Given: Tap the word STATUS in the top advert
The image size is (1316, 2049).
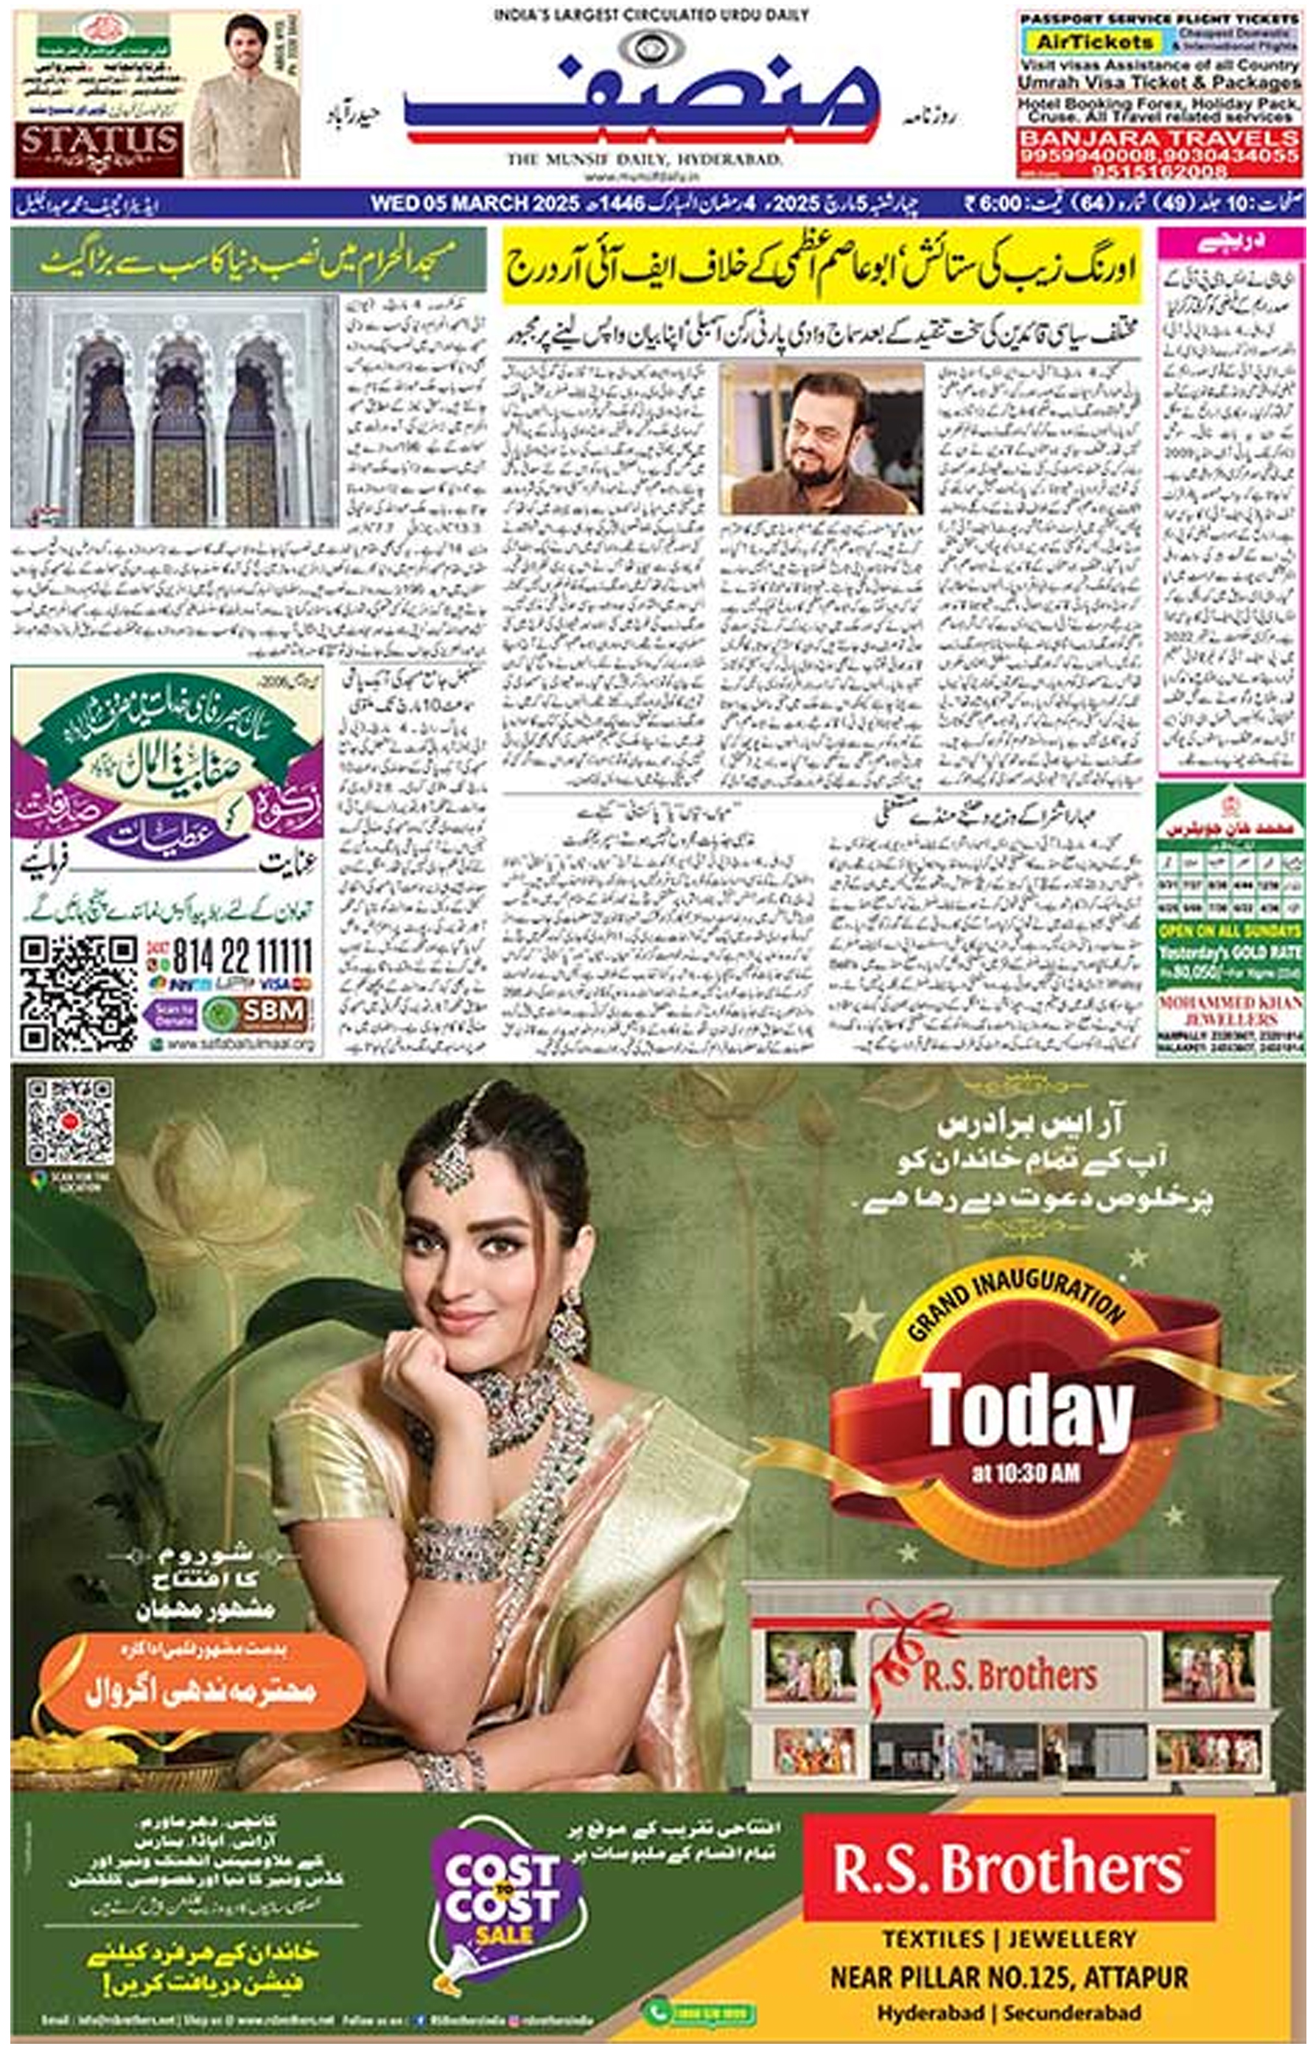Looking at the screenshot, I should [99, 139].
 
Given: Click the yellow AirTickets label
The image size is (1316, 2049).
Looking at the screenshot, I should [1082, 41].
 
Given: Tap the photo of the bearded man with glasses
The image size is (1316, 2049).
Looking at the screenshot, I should [820, 438].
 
